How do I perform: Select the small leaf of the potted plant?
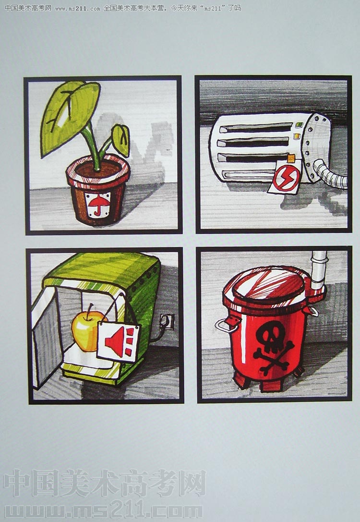tap(121, 140)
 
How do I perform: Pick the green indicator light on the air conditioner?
tap(299, 125)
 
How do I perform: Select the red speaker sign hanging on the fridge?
tap(118, 341)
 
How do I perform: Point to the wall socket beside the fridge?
tap(168, 322)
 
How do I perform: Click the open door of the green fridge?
tap(46, 339)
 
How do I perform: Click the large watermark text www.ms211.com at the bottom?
tap(103, 511)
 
